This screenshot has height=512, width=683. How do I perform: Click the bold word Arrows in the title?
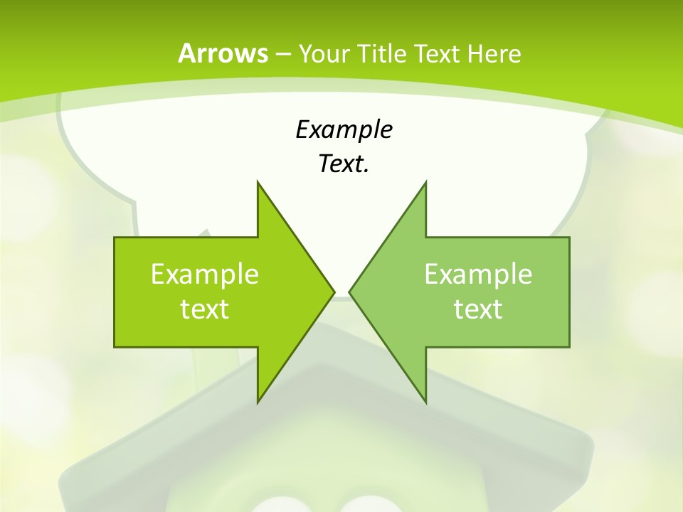[223, 53]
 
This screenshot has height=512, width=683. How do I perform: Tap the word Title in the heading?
[382, 54]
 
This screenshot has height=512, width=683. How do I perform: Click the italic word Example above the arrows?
[344, 130]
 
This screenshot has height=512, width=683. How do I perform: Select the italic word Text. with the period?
[344, 164]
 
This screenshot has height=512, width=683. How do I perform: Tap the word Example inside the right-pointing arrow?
[205, 274]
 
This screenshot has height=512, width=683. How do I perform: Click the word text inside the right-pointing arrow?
[205, 309]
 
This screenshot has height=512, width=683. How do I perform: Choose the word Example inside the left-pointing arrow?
[478, 274]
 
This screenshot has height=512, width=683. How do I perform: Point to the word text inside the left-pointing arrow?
[478, 309]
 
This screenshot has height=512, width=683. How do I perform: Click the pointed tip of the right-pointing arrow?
[334, 292]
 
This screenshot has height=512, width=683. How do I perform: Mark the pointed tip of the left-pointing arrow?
[350, 292]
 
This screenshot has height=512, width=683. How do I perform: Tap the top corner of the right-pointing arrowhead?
[258, 182]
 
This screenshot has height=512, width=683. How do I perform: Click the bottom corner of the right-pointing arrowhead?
[258, 402]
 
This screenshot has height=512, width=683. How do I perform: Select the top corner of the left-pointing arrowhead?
[426, 182]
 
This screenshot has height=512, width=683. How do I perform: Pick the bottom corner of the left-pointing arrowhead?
[426, 402]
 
